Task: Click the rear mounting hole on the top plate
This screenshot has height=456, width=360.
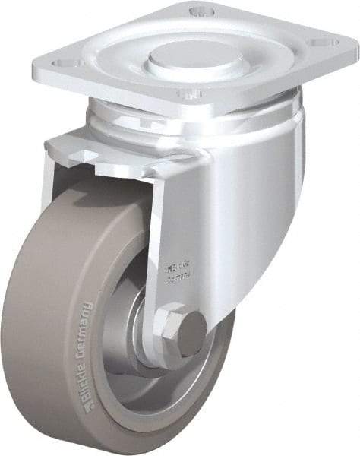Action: coord(200,11)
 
